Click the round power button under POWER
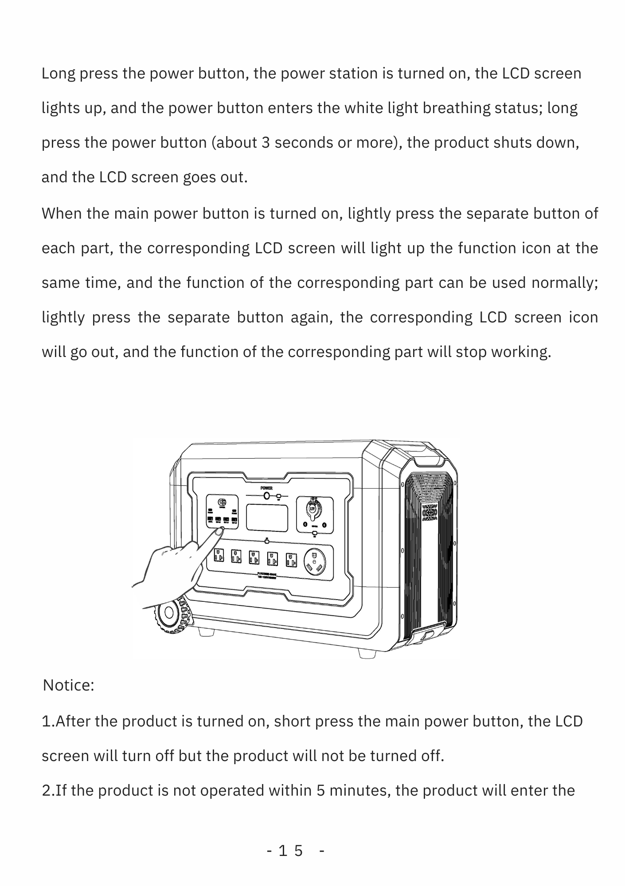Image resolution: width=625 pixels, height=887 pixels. tap(266, 496)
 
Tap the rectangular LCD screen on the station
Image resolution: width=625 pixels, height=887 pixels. tap(267, 518)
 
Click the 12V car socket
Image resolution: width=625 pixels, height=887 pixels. tap(313, 508)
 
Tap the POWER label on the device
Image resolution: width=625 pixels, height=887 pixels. tap(266, 488)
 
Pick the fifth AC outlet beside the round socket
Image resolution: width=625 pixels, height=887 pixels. tap(291, 559)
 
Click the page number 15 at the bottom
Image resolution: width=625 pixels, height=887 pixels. tap(291, 851)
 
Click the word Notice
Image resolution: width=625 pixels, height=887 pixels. tap(68, 685)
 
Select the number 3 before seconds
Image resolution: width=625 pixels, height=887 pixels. tap(266, 142)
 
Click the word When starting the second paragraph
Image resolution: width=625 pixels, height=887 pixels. tap(62, 213)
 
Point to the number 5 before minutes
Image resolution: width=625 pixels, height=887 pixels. tap(321, 790)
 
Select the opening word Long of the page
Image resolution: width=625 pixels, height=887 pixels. tap(58, 73)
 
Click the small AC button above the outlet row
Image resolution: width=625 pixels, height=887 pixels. tap(267, 542)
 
